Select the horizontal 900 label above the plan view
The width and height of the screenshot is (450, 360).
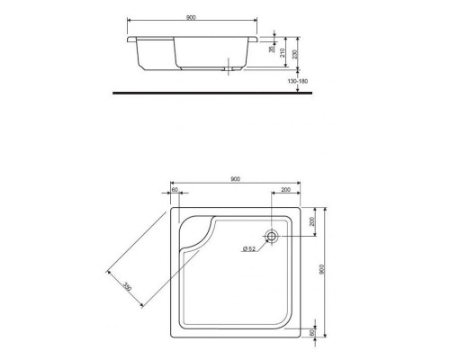coord(235,179)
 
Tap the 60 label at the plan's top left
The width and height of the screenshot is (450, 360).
coord(175,191)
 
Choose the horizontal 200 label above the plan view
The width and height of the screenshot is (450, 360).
coord(284,191)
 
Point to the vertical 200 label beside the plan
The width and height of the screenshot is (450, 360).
coord(314,221)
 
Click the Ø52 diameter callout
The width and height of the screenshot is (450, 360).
coord(249,248)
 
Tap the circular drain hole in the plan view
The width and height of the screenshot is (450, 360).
coord(275,235)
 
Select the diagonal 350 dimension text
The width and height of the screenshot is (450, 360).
coord(127,286)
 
